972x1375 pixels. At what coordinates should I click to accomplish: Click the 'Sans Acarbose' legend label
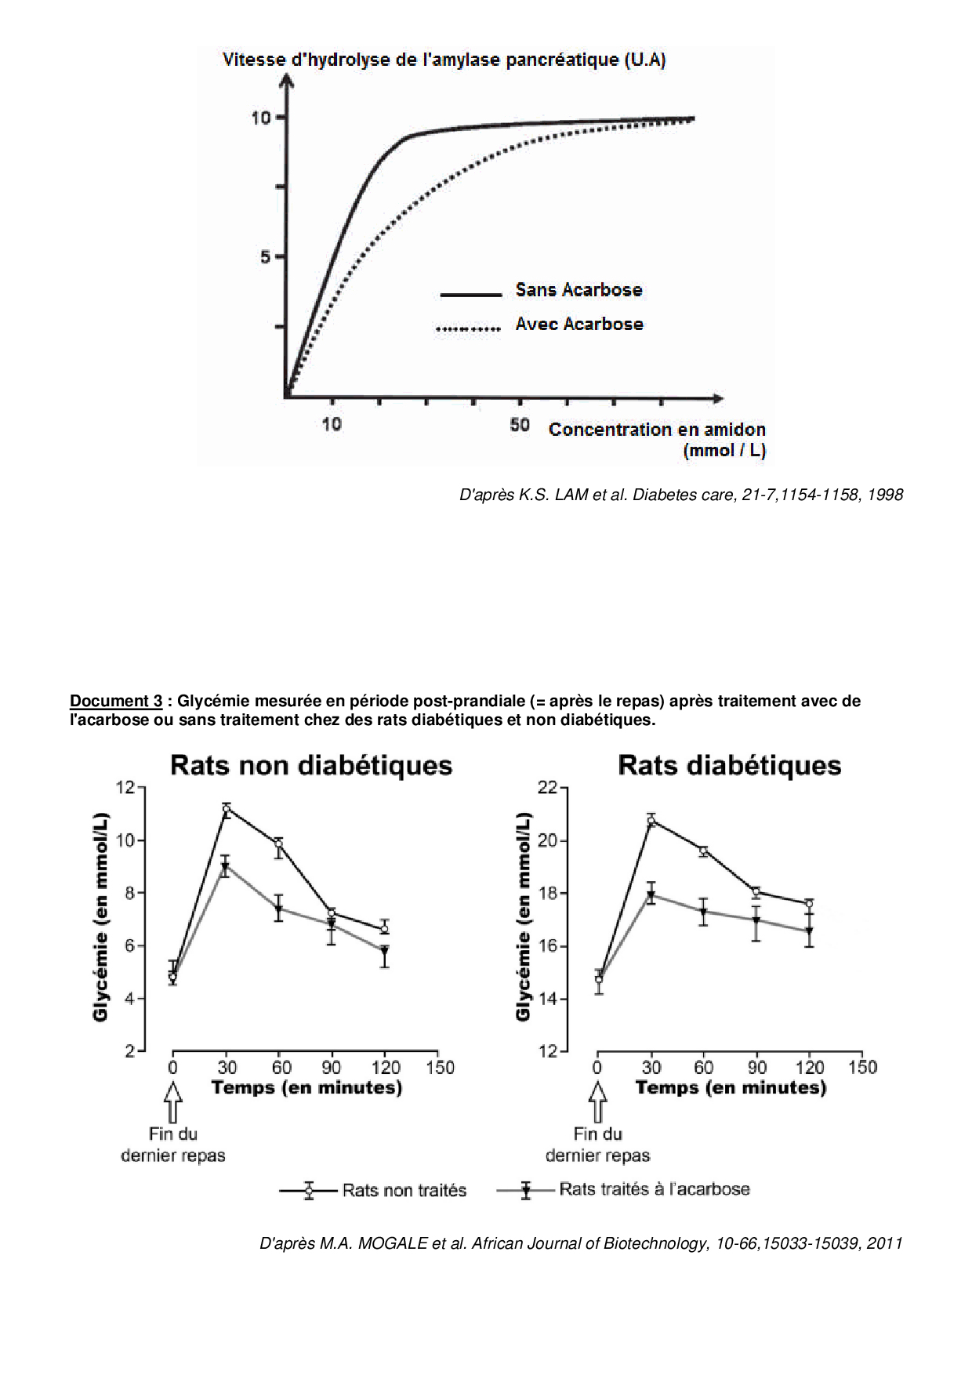click(x=578, y=290)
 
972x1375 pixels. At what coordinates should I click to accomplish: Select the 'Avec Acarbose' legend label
click(x=579, y=324)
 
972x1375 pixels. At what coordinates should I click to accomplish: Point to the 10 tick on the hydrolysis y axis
click(x=261, y=118)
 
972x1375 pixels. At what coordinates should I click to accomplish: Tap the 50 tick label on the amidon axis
click(x=519, y=425)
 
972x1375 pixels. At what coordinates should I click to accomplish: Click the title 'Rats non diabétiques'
click(x=311, y=765)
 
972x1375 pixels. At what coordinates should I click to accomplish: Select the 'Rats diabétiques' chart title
click(x=729, y=765)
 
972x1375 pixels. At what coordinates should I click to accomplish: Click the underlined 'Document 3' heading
click(x=116, y=701)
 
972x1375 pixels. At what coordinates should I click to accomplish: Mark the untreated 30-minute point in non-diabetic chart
click(x=227, y=809)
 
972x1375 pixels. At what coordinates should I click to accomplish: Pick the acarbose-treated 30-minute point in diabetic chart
click(x=651, y=894)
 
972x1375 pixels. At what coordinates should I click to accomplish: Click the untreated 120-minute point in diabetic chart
click(x=809, y=904)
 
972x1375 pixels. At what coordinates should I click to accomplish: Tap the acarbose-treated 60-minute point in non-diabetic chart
click(x=278, y=909)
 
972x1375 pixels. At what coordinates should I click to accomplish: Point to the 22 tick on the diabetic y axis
click(x=547, y=787)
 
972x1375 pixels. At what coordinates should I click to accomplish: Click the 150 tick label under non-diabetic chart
click(x=440, y=1067)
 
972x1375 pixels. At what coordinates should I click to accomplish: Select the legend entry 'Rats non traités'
click(x=404, y=1190)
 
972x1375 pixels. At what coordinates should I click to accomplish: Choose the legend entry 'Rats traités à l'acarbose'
click(x=654, y=1189)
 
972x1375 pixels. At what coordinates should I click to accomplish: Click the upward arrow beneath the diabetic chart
click(x=597, y=1101)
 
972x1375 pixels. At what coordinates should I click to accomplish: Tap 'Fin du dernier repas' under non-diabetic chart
click(x=173, y=1145)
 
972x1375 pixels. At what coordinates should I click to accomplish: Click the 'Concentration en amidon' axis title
click(x=657, y=430)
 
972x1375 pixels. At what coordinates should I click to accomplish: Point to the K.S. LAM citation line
click(x=680, y=495)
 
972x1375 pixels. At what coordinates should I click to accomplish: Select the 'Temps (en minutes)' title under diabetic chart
click(x=731, y=1087)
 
